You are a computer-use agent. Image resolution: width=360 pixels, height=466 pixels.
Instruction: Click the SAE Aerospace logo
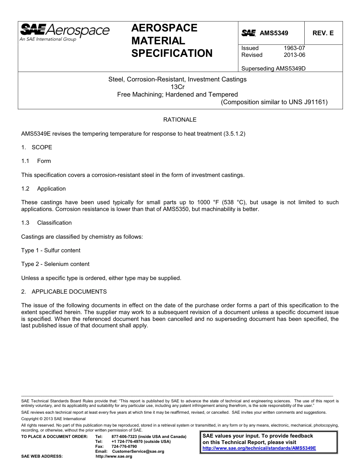coord(64,32)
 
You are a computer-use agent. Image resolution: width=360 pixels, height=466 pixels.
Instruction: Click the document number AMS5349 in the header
coord(274,33)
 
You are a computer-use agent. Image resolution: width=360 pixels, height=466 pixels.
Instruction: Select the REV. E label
coord(323,33)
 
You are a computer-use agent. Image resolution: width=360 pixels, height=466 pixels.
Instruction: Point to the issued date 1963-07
coord(294,48)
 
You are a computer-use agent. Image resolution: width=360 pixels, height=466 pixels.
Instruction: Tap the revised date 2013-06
coord(294,55)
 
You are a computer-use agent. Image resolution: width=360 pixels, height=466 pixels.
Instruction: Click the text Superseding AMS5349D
coord(273,69)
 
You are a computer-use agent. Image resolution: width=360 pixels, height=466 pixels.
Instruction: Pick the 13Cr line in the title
coord(177,87)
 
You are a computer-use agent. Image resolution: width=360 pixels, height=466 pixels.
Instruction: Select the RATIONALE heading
coord(180,120)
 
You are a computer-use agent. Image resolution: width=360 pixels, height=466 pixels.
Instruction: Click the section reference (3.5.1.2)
coord(234,134)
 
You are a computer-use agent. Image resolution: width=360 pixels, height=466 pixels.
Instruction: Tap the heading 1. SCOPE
coord(37,147)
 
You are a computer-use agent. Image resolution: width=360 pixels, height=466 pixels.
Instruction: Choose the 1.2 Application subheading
coord(44,189)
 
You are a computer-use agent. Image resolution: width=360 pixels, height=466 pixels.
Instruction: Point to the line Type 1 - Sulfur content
coord(51,250)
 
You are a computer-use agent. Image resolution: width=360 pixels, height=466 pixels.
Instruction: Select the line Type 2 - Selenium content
coord(55,264)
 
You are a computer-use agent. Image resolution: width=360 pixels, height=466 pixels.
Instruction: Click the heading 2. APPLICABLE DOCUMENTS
coord(64,292)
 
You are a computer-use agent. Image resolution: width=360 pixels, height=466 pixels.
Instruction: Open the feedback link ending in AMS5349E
coord(259,448)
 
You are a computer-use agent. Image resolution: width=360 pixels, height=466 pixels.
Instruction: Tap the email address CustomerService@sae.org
coord(138,452)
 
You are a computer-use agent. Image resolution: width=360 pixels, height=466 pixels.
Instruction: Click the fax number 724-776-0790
coord(124,447)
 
